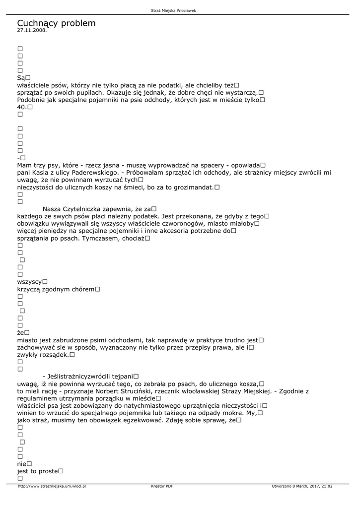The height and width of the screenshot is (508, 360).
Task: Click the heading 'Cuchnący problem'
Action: pos(56,23)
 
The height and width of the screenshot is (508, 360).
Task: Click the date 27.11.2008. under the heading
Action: pos(32,30)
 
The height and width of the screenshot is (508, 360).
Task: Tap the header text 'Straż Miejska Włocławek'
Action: pos(180,10)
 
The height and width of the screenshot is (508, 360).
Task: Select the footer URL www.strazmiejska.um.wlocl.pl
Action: pos(52,486)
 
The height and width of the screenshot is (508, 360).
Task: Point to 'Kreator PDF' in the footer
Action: pos(162,486)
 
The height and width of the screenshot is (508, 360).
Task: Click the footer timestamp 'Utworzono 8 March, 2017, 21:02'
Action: pos(302,486)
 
